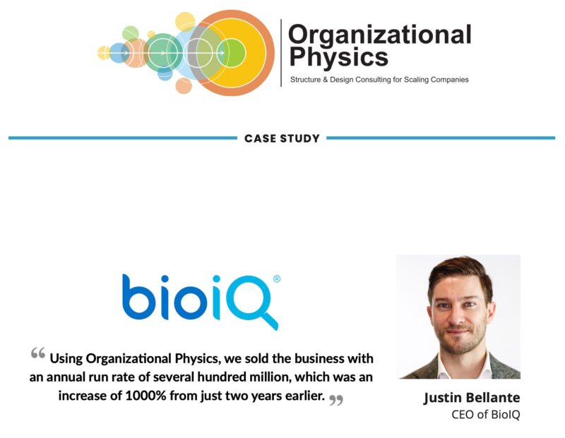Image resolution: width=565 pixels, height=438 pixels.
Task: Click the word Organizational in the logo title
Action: pos(379,34)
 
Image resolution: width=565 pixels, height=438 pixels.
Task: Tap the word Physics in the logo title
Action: pos(338,56)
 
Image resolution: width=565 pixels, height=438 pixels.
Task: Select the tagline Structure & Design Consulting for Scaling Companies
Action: pos(379,80)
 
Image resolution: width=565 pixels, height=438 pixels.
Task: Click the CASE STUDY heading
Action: pos(282,138)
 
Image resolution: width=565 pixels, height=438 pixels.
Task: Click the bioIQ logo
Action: pos(201,300)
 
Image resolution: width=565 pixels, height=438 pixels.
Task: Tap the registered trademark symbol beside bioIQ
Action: pos(277,279)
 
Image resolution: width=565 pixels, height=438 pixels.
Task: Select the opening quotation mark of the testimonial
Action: pos(38,353)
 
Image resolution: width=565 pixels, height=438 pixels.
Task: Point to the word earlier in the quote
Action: pos(299,396)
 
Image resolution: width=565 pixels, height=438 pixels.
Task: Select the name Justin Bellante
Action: pos(471,398)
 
